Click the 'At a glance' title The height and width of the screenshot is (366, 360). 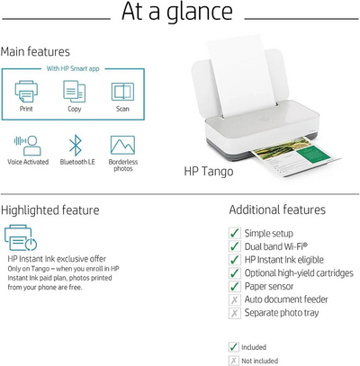pos(179,13)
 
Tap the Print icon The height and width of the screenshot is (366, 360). pos(26,93)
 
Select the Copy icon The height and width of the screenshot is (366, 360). pos(74,92)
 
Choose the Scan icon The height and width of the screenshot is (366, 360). pos(121,92)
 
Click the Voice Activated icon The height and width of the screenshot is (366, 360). pos(26,146)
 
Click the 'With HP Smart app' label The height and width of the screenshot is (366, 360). pos(74,69)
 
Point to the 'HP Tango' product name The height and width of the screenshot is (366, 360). pos(208,171)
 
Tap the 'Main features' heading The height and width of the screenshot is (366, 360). pos(35,51)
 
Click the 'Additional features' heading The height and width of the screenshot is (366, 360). pos(277,210)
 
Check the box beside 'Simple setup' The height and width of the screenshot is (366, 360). pos(235,232)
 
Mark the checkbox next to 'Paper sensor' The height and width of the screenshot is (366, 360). pos(235,286)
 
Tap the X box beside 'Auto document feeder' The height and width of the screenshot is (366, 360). pos(235,299)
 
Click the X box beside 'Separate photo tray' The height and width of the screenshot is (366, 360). pos(235,313)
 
